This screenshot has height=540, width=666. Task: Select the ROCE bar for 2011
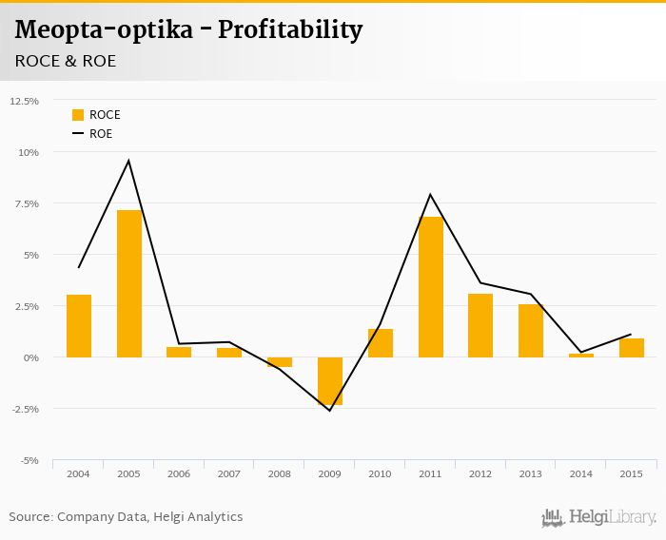pos(431,287)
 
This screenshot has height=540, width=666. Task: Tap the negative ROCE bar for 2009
pos(330,380)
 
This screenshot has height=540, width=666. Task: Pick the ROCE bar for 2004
pos(79,325)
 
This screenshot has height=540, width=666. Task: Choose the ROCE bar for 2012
pos(480,325)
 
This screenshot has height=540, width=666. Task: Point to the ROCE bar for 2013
pos(531,330)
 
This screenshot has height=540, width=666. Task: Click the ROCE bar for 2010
pos(381,342)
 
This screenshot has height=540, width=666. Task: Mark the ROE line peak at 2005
pos(129,161)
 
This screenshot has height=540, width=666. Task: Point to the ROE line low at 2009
pos(330,410)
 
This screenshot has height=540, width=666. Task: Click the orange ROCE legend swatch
pos(78,115)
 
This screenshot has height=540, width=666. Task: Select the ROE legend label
pos(101,134)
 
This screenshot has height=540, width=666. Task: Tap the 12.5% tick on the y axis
pos(24,101)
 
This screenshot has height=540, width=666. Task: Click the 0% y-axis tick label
pos(30,357)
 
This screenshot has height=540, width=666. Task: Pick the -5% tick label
pos(29,460)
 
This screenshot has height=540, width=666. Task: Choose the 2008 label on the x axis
pos(280,473)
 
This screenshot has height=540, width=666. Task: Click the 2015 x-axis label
pos(631,473)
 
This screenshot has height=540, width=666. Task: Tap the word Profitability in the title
pos(290,30)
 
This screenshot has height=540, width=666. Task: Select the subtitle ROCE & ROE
pos(66,61)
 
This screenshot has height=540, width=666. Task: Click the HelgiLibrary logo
pos(599,517)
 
